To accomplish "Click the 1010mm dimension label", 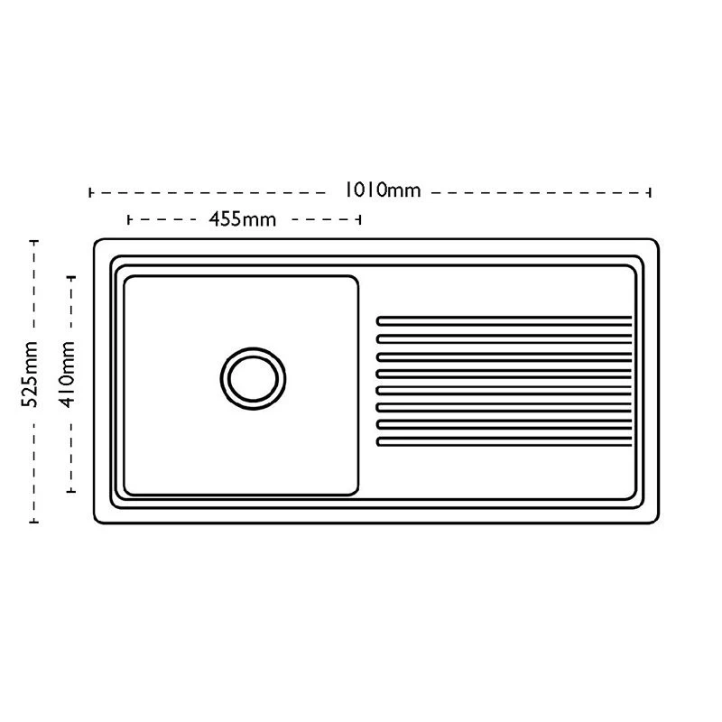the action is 383,190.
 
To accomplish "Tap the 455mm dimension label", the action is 242,219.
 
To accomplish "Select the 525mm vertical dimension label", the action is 30,374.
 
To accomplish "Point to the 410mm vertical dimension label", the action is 67,375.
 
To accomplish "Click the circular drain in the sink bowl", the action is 253,378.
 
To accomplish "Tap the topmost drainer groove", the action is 504,321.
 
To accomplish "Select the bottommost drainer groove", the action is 504,441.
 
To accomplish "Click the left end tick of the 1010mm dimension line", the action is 89,192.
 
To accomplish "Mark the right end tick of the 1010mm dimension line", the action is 650,192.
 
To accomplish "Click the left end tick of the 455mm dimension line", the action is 128,219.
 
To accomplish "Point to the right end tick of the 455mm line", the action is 359,219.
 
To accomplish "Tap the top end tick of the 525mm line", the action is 33,241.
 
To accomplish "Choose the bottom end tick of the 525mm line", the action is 33,522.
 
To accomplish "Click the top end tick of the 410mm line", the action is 71,278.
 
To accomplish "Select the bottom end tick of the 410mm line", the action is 71,491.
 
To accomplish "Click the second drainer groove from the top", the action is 504,339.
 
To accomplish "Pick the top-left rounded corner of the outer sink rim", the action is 97,241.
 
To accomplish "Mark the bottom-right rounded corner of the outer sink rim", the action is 656,521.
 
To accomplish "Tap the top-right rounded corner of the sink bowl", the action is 356,279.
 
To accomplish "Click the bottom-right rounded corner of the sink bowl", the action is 356,492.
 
